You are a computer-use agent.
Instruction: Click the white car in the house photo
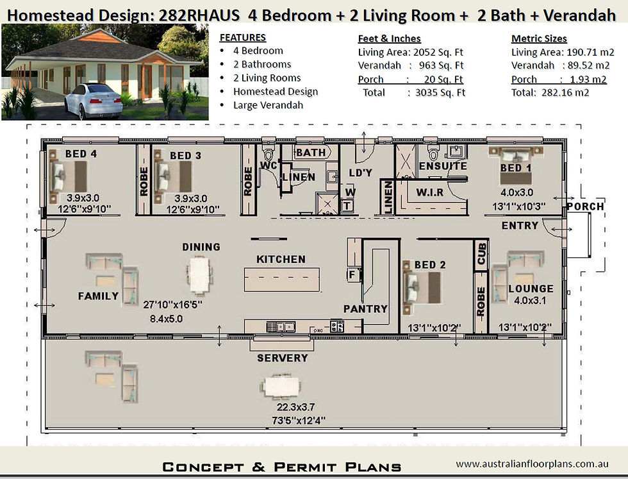coord(95,99)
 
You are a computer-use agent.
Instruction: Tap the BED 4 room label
coord(81,154)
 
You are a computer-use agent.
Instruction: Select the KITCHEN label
coord(281,259)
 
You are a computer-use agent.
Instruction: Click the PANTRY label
coord(365,308)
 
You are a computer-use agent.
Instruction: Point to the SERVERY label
coord(282,358)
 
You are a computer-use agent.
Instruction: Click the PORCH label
coord(585,206)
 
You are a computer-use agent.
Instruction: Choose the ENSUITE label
coord(443,166)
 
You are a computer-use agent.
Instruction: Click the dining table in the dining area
coord(199,275)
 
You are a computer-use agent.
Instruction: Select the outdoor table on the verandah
coord(281,386)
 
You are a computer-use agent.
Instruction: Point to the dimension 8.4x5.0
coord(165,317)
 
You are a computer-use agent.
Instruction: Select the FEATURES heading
coord(242,37)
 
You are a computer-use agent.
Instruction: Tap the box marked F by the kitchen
coord(351,274)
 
